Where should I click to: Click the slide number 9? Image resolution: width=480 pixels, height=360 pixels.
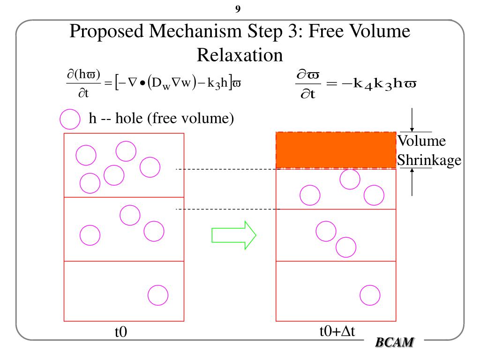click(238, 9)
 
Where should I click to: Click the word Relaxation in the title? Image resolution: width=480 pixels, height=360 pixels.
click(240, 55)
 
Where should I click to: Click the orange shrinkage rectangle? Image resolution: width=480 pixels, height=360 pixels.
click(336, 150)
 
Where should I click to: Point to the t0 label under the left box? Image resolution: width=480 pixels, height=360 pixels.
click(121, 332)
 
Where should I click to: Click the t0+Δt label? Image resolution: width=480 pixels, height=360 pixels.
click(337, 331)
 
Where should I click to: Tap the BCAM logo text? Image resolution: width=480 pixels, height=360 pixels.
click(395, 343)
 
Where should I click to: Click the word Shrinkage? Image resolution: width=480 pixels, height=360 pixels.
click(429, 160)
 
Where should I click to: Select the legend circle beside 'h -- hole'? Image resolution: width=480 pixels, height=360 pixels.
click(69, 119)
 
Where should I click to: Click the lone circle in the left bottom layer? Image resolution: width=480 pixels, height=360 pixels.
click(158, 295)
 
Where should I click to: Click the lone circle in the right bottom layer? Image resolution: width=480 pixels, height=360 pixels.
click(370, 295)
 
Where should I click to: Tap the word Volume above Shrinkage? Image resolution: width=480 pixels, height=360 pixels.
click(422, 141)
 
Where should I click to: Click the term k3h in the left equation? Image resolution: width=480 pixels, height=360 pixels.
click(217, 83)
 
